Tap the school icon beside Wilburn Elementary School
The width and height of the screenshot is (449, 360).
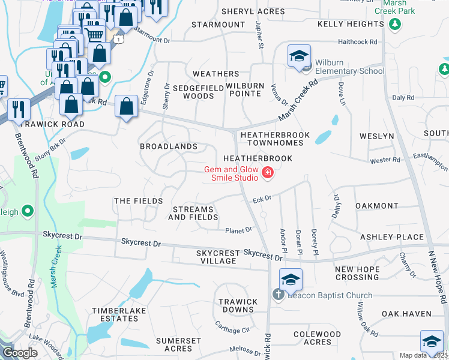[x=299, y=56]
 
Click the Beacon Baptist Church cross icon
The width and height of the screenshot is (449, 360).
[x=277, y=295]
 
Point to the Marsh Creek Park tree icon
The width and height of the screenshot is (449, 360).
[x=395, y=23]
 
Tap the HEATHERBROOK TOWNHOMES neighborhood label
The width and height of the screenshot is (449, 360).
[x=275, y=140]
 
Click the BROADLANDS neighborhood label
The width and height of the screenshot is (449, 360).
[x=169, y=146]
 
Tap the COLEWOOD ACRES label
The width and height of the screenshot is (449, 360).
[x=317, y=338]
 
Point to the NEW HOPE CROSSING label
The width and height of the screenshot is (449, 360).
[x=357, y=274]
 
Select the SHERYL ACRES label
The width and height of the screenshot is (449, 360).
[x=253, y=11]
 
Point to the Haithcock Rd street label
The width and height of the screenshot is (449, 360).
[x=357, y=42]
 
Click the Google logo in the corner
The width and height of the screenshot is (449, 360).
[x=19, y=353]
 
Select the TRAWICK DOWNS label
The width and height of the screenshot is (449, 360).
[x=238, y=305]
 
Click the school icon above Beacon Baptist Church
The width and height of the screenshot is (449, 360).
[x=290, y=280]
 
